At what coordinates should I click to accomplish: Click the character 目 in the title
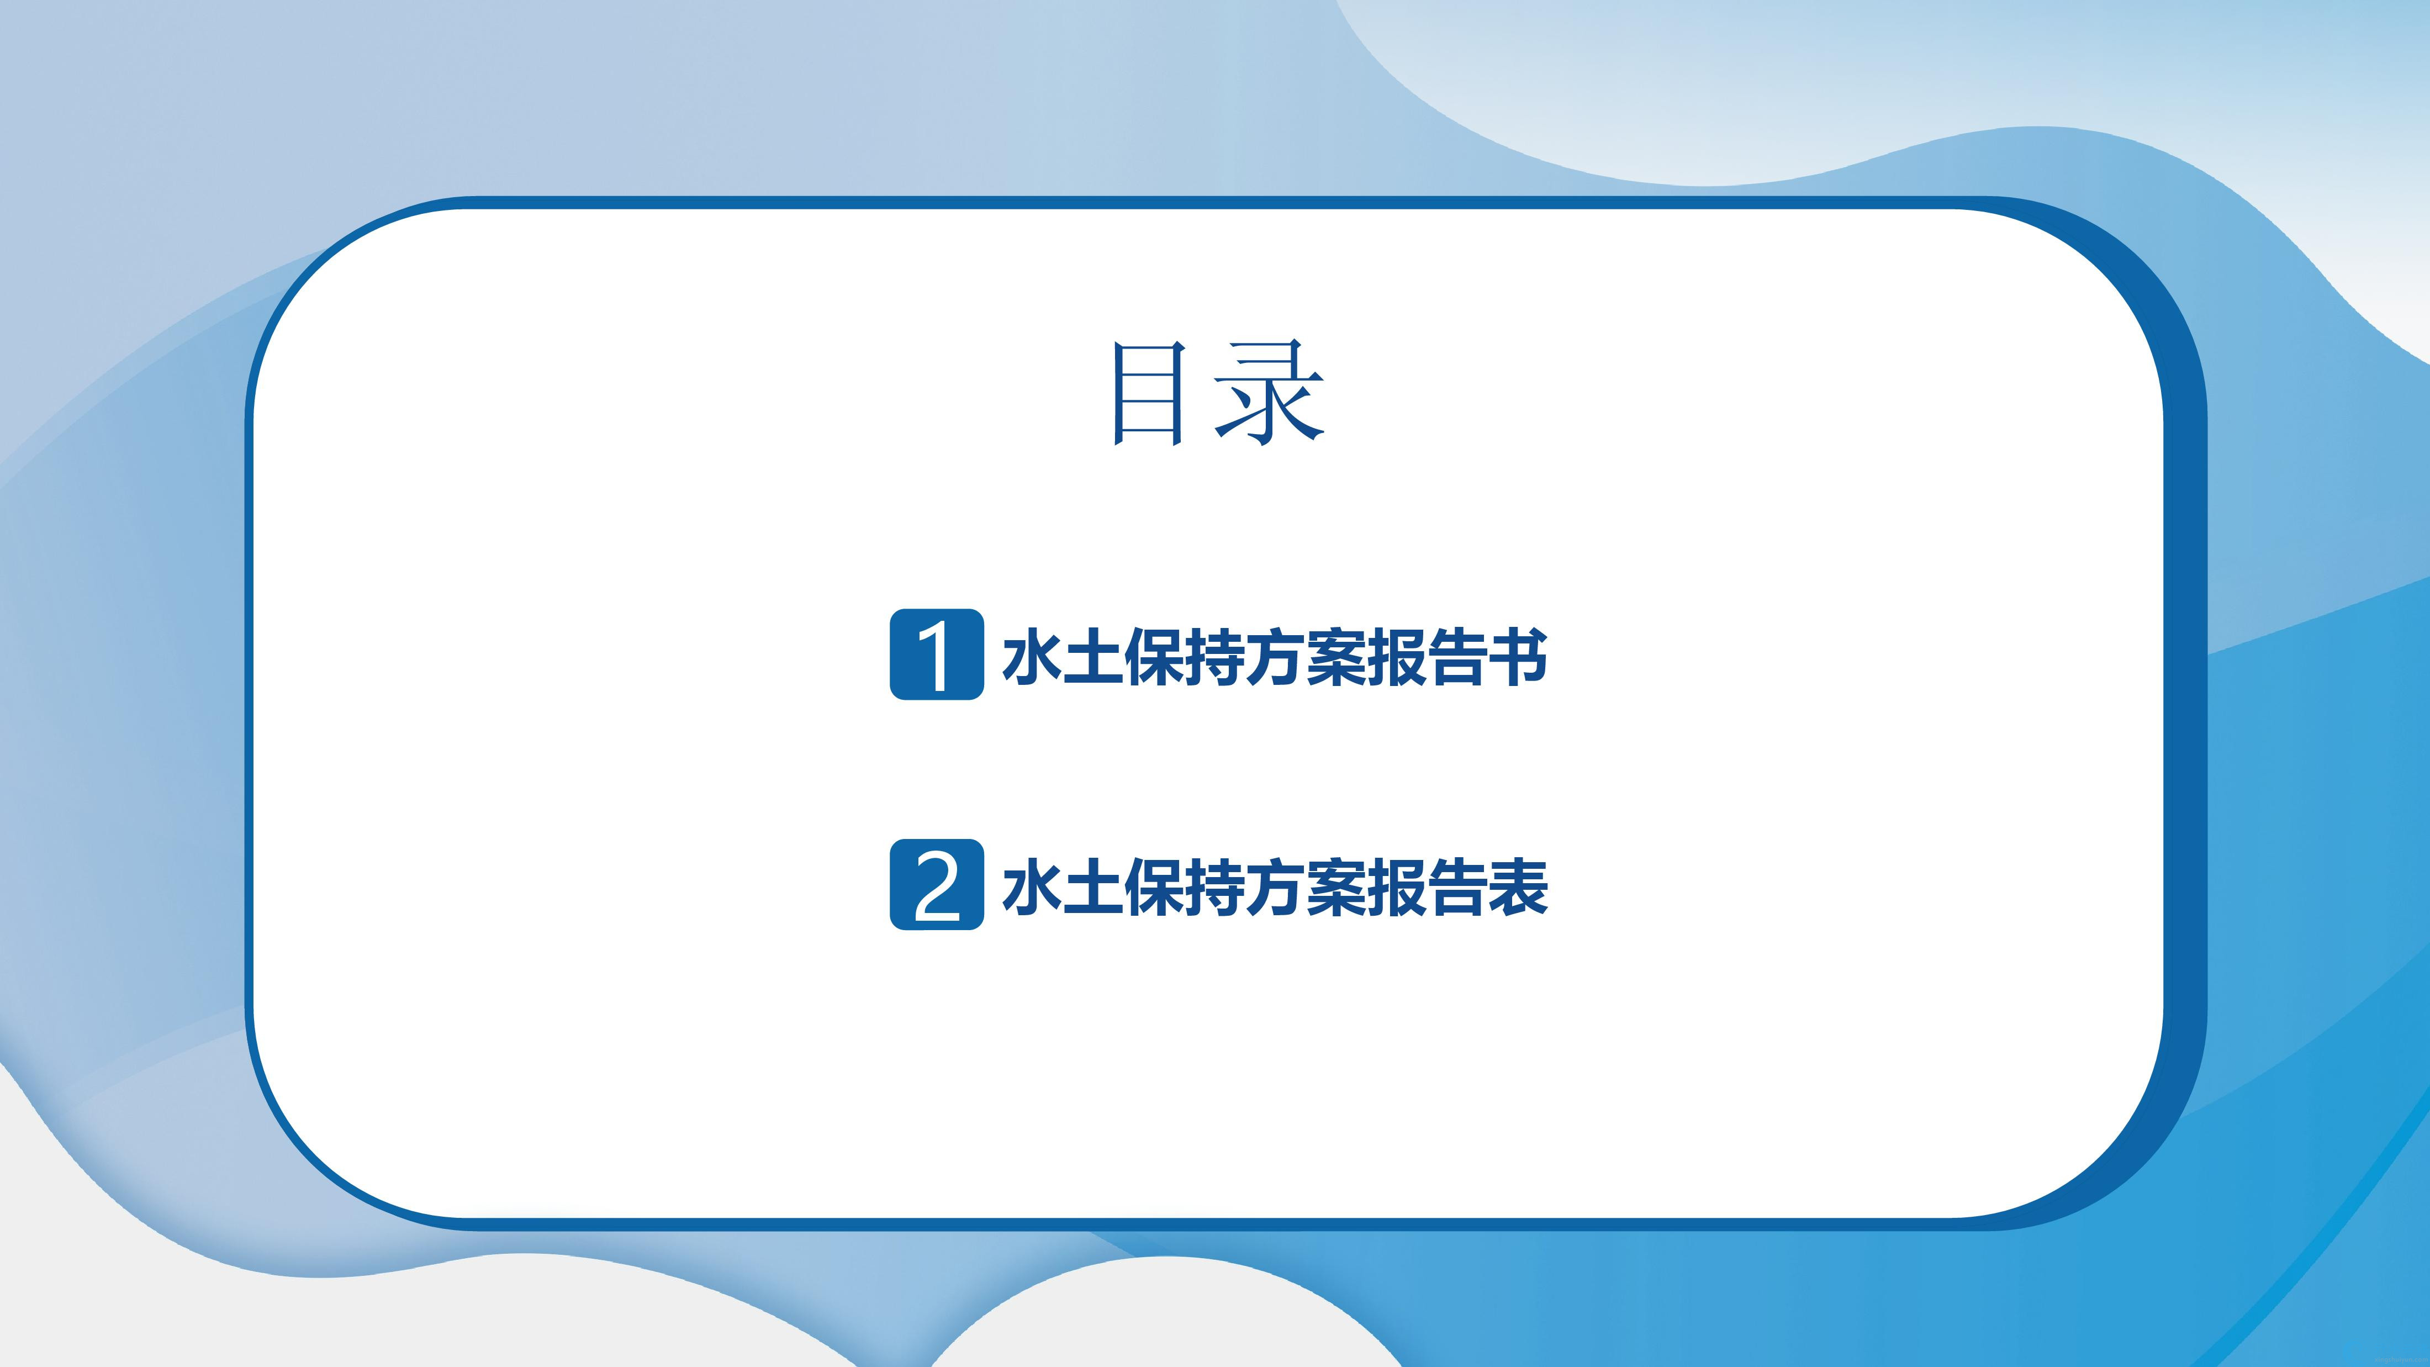[x=1148, y=393]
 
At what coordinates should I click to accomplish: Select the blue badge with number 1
[x=937, y=655]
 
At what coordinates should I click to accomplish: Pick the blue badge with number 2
[x=937, y=885]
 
